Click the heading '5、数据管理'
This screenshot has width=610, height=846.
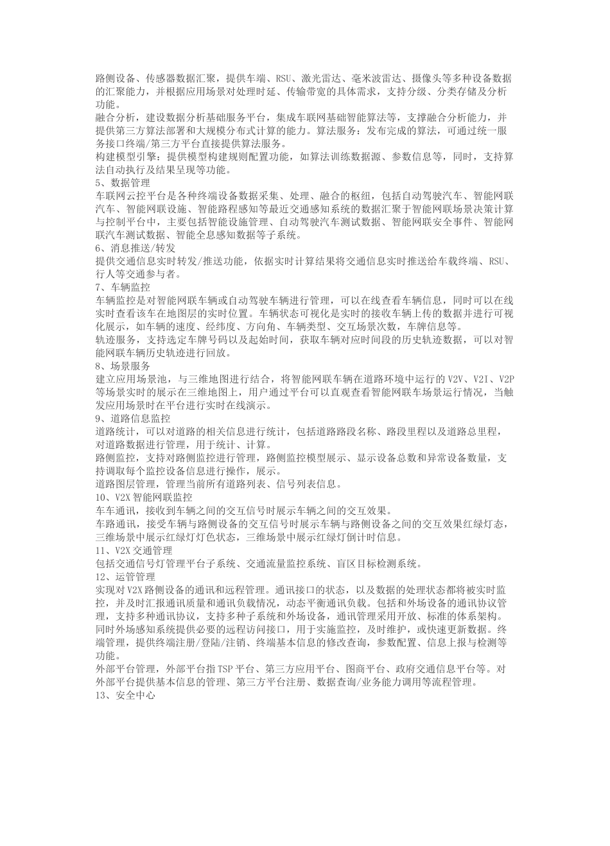122,182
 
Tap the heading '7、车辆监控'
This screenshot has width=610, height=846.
122,287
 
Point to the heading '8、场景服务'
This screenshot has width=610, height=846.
122,365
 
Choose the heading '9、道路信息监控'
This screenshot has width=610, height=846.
132,418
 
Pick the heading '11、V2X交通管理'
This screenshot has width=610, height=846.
134,550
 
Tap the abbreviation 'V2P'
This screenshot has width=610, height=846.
505,378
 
